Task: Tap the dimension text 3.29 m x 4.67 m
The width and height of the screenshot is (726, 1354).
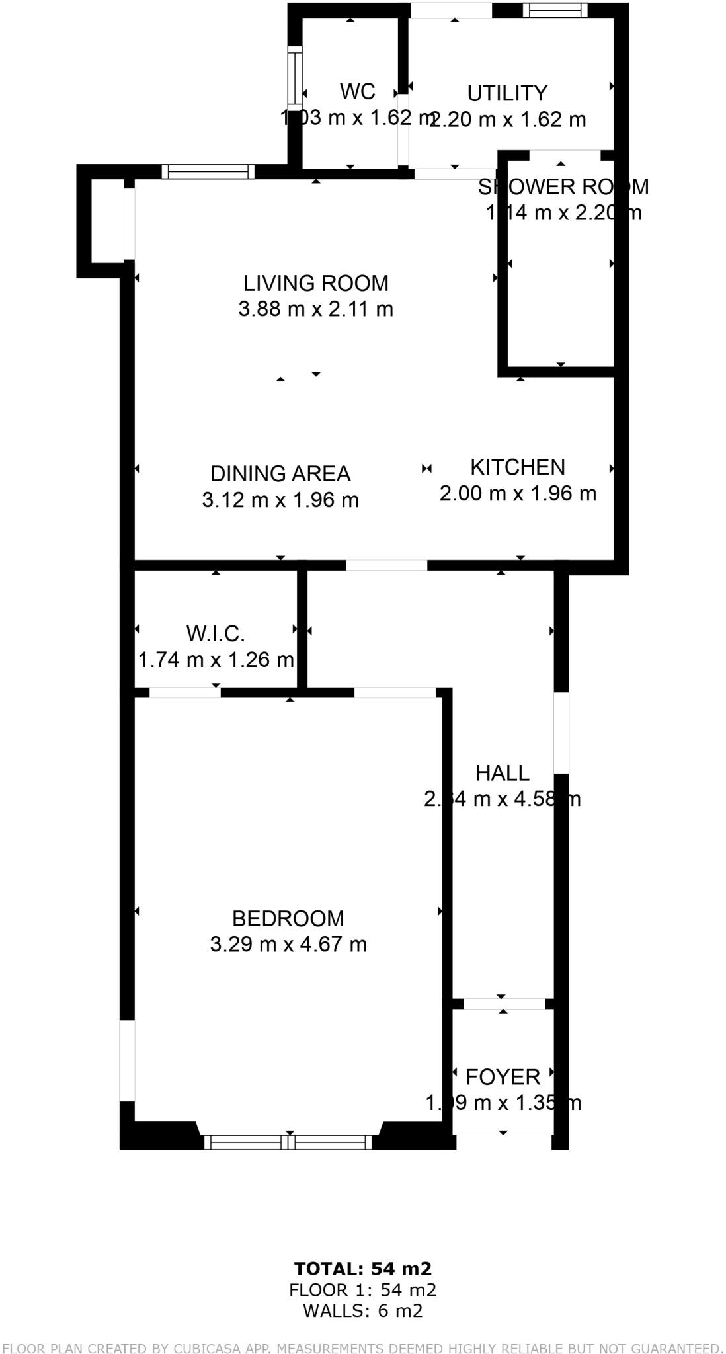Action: pyautogui.click(x=288, y=944)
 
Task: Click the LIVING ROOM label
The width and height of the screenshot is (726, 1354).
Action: pyautogui.click(x=315, y=283)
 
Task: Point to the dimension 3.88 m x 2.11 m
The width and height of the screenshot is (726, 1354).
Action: pyautogui.click(x=315, y=309)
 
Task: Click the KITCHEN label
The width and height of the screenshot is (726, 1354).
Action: pyautogui.click(x=517, y=467)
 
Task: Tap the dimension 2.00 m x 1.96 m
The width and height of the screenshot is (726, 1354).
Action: pyautogui.click(x=517, y=493)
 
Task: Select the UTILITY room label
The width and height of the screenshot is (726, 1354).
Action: pyautogui.click(x=507, y=93)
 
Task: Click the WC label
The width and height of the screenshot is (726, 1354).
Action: pyautogui.click(x=358, y=91)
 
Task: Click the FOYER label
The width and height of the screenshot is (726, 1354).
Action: pyautogui.click(x=503, y=1077)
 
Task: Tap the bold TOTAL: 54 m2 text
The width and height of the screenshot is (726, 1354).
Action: pyautogui.click(x=362, y=1268)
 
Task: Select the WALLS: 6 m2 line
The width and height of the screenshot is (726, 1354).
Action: pyautogui.click(x=362, y=1310)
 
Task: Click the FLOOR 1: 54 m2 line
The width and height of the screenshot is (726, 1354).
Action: pyautogui.click(x=362, y=1289)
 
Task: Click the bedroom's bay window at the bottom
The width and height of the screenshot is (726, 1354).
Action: pyautogui.click(x=288, y=1142)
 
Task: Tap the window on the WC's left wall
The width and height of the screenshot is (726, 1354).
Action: pyautogui.click(x=295, y=74)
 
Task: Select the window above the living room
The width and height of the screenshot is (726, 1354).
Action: pyautogui.click(x=208, y=172)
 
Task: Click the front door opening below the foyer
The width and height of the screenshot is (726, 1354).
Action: pyautogui.click(x=503, y=1142)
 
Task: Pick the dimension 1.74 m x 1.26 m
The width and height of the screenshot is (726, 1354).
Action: pyautogui.click(x=216, y=660)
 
